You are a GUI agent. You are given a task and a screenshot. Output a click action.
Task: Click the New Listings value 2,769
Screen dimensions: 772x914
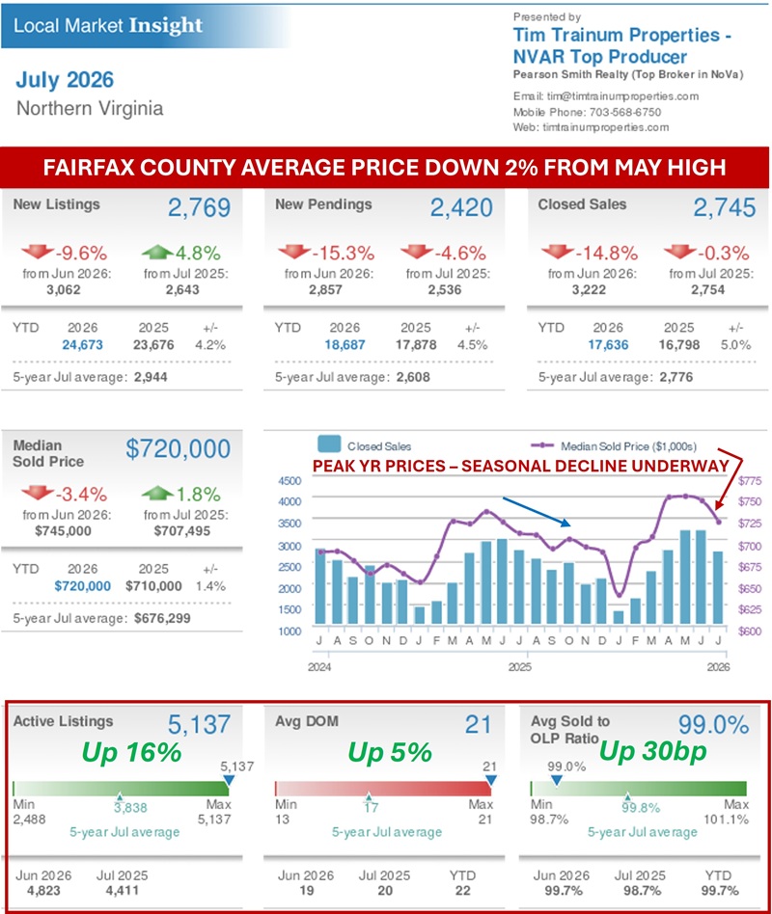point(199,207)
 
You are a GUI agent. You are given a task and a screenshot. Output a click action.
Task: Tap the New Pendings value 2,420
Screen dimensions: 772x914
point(461,207)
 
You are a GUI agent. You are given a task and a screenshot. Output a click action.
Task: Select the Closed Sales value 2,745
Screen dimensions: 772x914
point(724,207)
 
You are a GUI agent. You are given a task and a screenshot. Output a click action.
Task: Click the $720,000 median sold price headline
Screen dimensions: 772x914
point(178,449)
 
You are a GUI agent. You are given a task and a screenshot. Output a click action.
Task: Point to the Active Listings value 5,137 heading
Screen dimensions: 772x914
point(199,725)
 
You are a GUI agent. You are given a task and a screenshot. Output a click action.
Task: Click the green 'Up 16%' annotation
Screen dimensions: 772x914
point(131,752)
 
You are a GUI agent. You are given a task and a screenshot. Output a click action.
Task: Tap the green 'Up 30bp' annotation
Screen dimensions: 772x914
point(653,751)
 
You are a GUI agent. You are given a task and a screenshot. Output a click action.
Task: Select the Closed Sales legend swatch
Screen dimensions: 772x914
point(329,444)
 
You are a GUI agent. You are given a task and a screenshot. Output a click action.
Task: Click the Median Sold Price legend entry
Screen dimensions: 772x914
point(614,446)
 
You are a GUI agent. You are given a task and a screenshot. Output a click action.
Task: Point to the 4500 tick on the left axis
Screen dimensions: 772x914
point(289,481)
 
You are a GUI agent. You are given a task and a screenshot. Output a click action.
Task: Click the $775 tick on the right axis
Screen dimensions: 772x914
point(750,481)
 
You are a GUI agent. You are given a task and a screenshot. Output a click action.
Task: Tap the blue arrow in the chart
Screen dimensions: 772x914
point(537,512)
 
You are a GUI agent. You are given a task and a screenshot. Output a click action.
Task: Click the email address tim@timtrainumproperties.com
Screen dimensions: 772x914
point(622,96)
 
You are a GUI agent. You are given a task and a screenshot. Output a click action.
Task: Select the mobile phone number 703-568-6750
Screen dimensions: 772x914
point(625,112)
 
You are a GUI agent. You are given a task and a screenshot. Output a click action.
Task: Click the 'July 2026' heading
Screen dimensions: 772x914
point(65,80)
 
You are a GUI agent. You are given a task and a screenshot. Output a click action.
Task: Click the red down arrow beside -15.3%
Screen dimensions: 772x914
point(294,252)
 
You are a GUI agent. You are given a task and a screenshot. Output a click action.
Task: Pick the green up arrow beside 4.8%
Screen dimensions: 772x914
point(157,252)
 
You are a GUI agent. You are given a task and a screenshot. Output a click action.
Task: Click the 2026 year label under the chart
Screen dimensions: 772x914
point(718,667)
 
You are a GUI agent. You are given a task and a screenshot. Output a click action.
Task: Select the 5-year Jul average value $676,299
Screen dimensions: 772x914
point(162,618)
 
